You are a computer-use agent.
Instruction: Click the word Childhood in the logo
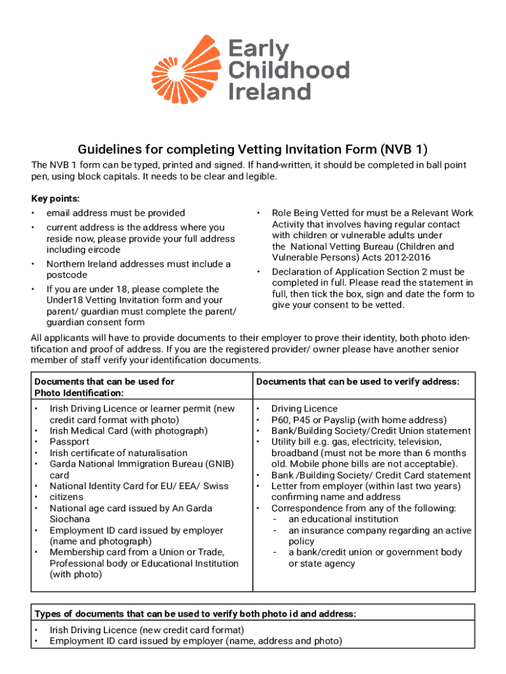[x=288, y=70]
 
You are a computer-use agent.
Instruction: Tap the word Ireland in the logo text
[x=269, y=91]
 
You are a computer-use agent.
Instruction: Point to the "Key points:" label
[x=55, y=198]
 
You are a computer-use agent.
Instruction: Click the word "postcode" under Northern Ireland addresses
[x=66, y=275]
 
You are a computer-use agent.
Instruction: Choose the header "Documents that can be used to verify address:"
[x=357, y=382]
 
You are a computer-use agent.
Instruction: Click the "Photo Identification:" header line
[x=79, y=393]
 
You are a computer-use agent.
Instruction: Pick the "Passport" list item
[x=69, y=442]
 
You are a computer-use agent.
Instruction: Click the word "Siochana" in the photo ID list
[x=70, y=519]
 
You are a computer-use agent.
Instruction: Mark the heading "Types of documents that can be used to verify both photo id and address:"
[x=195, y=614]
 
